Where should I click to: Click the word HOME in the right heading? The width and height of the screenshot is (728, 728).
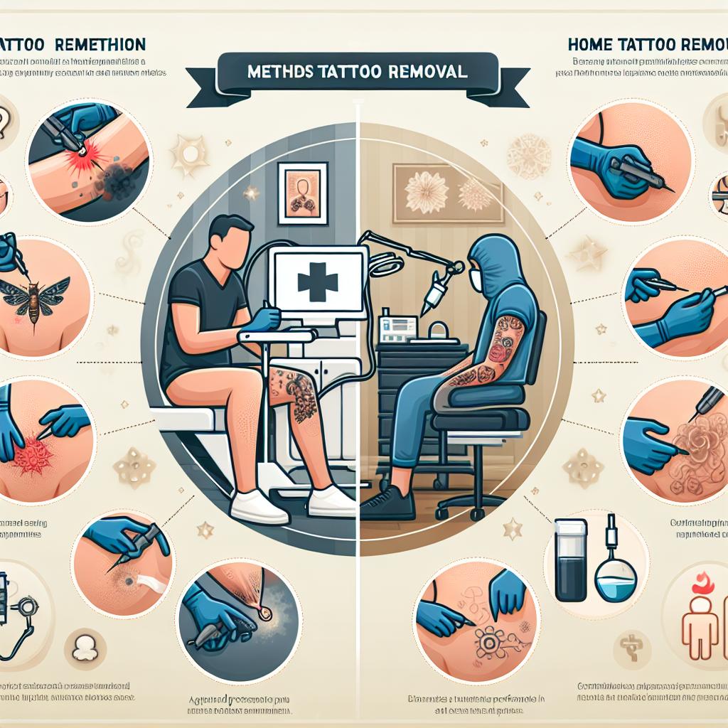click(x=591, y=44)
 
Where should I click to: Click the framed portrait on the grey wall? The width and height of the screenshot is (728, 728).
click(x=303, y=188)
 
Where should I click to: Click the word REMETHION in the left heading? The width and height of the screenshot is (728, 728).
click(x=100, y=44)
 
